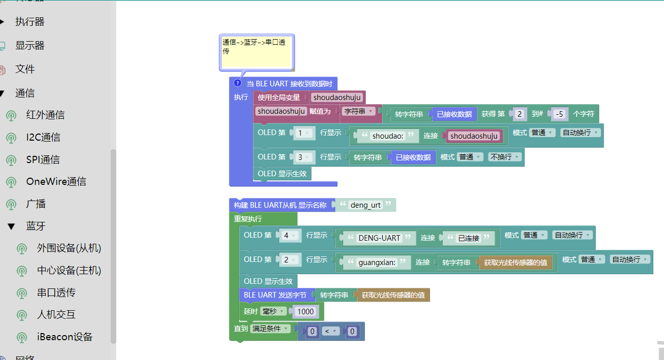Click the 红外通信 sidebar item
pyautogui.click(x=45, y=115)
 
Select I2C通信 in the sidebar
pyautogui.click(x=43, y=138)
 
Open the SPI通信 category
pyautogui.click(x=43, y=159)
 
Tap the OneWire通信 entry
pyautogui.click(x=56, y=182)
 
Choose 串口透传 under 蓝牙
pyautogui.click(x=56, y=293)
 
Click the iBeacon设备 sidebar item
pyautogui.click(x=64, y=337)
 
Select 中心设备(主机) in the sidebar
pyautogui.click(x=69, y=271)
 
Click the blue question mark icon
pyautogui.click(x=238, y=83)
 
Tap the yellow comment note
pyautogui.click(x=256, y=52)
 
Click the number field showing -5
pyautogui.click(x=559, y=114)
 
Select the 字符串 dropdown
pyautogui.click(x=358, y=111)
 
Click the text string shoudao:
pyautogui.click(x=388, y=136)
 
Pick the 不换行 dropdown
pyautogui.click(x=505, y=157)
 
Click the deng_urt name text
pyautogui.click(x=366, y=206)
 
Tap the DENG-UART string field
pyautogui.click(x=379, y=238)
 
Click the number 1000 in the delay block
pyautogui.click(x=305, y=311)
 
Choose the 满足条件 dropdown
pyautogui.click(x=270, y=329)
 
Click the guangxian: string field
pyautogui.click(x=377, y=263)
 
